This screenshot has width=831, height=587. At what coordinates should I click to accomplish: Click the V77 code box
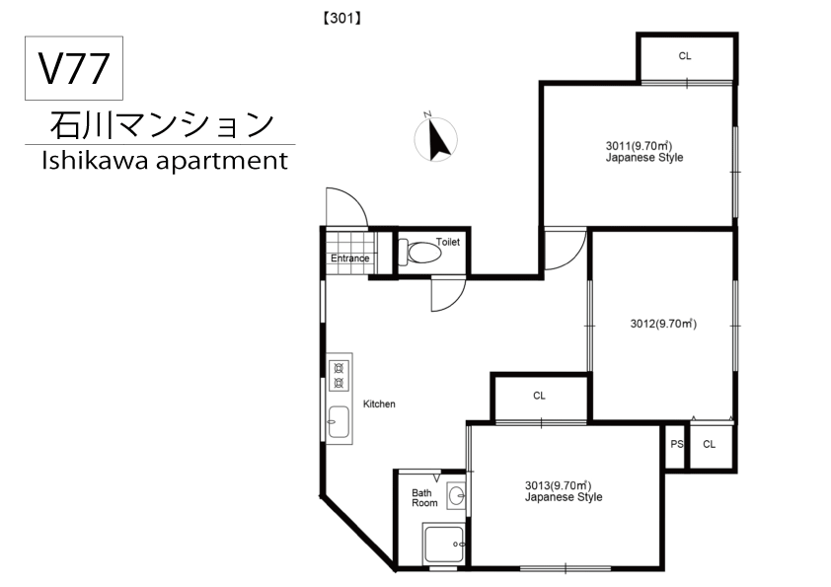click(73, 69)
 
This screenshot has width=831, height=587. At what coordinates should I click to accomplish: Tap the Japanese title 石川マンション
click(161, 124)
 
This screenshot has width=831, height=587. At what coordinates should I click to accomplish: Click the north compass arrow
click(436, 139)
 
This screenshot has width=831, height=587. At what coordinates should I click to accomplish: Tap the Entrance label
click(349, 258)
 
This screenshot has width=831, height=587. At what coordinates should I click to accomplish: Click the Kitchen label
click(379, 404)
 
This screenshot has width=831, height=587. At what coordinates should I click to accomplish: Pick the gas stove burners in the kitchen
click(339, 376)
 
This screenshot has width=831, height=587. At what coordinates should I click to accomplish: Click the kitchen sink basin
click(339, 421)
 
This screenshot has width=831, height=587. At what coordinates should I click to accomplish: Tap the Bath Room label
click(423, 498)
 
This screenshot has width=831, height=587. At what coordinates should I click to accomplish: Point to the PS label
click(676, 444)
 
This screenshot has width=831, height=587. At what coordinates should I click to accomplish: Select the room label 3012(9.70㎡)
click(663, 323)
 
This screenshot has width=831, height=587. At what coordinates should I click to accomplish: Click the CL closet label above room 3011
click(685, 56)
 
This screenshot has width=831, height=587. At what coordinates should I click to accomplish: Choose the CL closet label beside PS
click(709, 444)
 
